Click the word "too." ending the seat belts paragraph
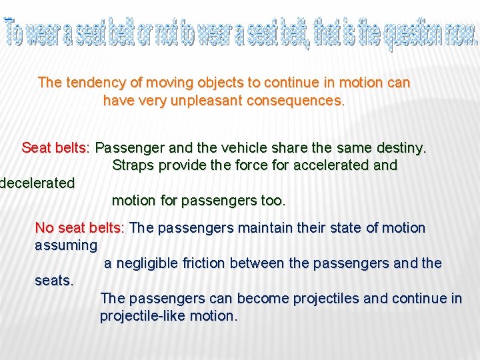[273, 201]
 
